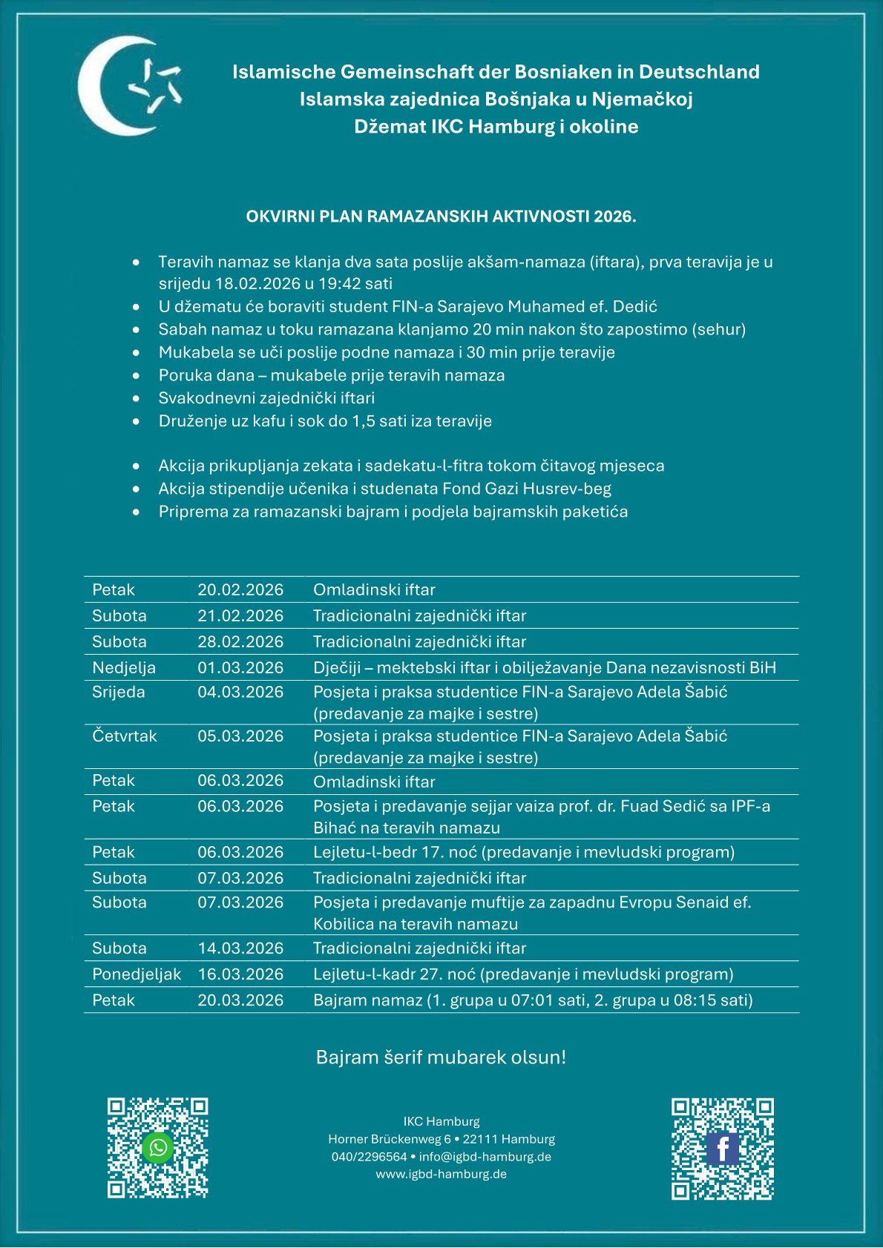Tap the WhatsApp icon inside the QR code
(x=158, y=1148)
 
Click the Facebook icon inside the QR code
(x=723, y=1149)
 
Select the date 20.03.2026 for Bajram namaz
(x=240, y=1000)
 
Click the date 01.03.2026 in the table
(x=240, y=667)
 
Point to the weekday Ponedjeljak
(x=137, y=974)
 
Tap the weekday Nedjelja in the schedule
(x=124, y=667)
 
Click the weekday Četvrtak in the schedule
(x=125, y=736)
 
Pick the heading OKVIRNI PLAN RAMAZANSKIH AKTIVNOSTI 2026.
(x=441, y=217)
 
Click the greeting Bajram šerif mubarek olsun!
(x=441, y=1057)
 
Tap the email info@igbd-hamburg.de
(x=485, y=1157)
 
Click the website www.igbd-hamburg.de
(x=441, y=1175)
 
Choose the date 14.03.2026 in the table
(x=240, y=948)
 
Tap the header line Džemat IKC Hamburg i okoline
(x=496, y=127)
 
